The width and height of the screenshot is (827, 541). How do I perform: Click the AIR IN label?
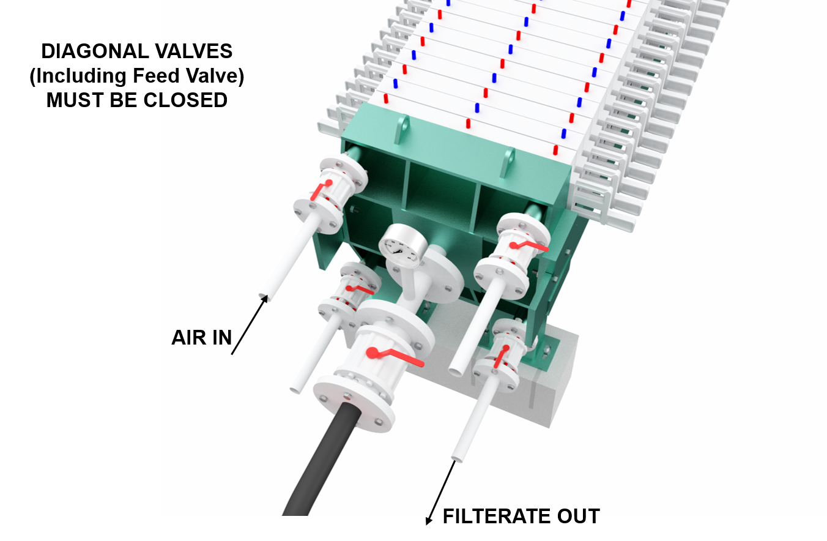(x=202, y=338)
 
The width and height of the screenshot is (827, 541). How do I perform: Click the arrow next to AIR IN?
(x=250, y=324)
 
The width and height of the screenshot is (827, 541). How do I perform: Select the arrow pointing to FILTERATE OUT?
(x=441, y=493)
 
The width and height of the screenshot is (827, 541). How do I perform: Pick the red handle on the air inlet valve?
(x=321, y=189)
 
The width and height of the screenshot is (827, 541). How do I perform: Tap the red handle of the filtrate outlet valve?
(x=502, y=356)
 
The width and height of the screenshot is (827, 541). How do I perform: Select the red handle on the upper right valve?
(x=528, y=246)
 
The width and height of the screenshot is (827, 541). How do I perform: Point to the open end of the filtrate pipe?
(x=458, y=458)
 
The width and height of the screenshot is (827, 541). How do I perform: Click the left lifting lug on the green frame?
(x=402, y=129)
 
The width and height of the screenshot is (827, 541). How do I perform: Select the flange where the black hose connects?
(x=354, y=406)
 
